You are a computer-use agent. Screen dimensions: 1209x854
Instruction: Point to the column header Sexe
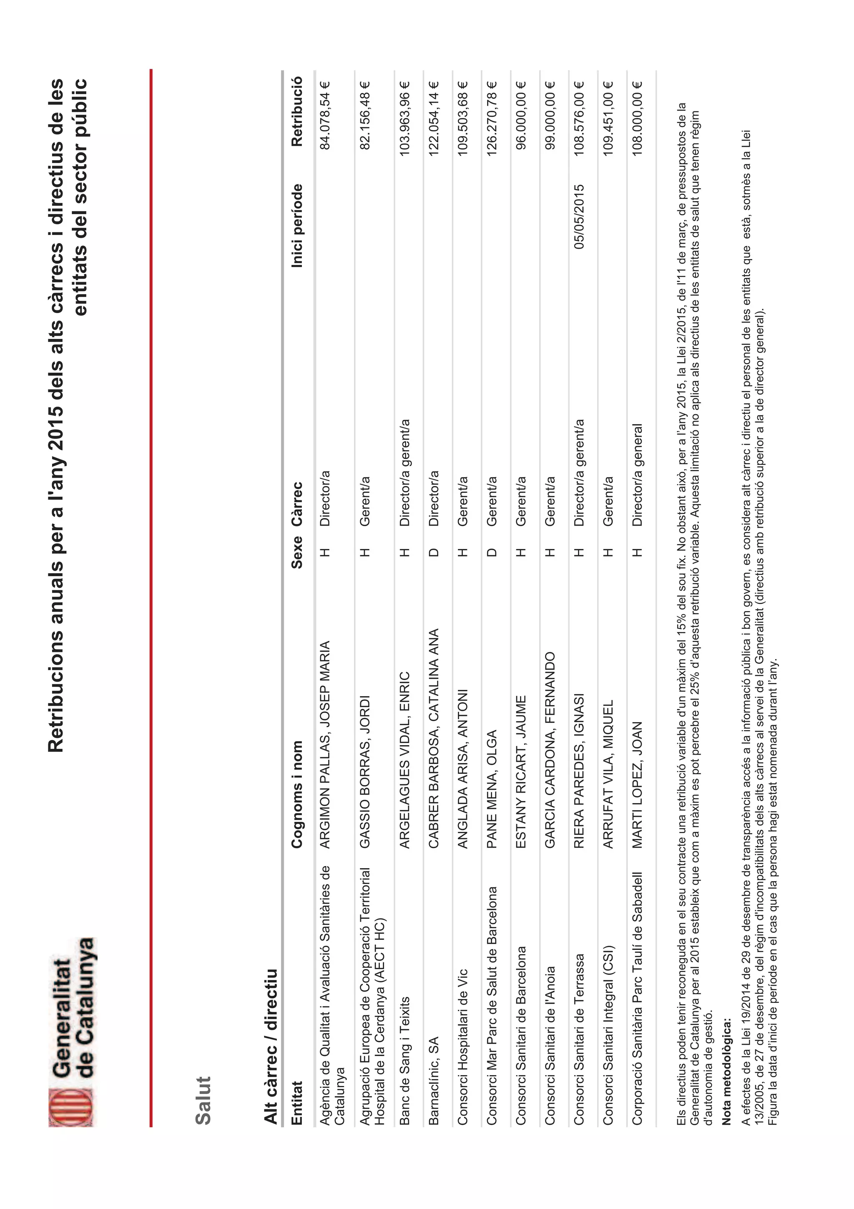point(297,552)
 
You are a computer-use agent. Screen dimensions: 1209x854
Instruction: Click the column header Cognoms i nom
point(297,795)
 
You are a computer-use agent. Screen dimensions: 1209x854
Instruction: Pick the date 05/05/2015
point(579,217)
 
